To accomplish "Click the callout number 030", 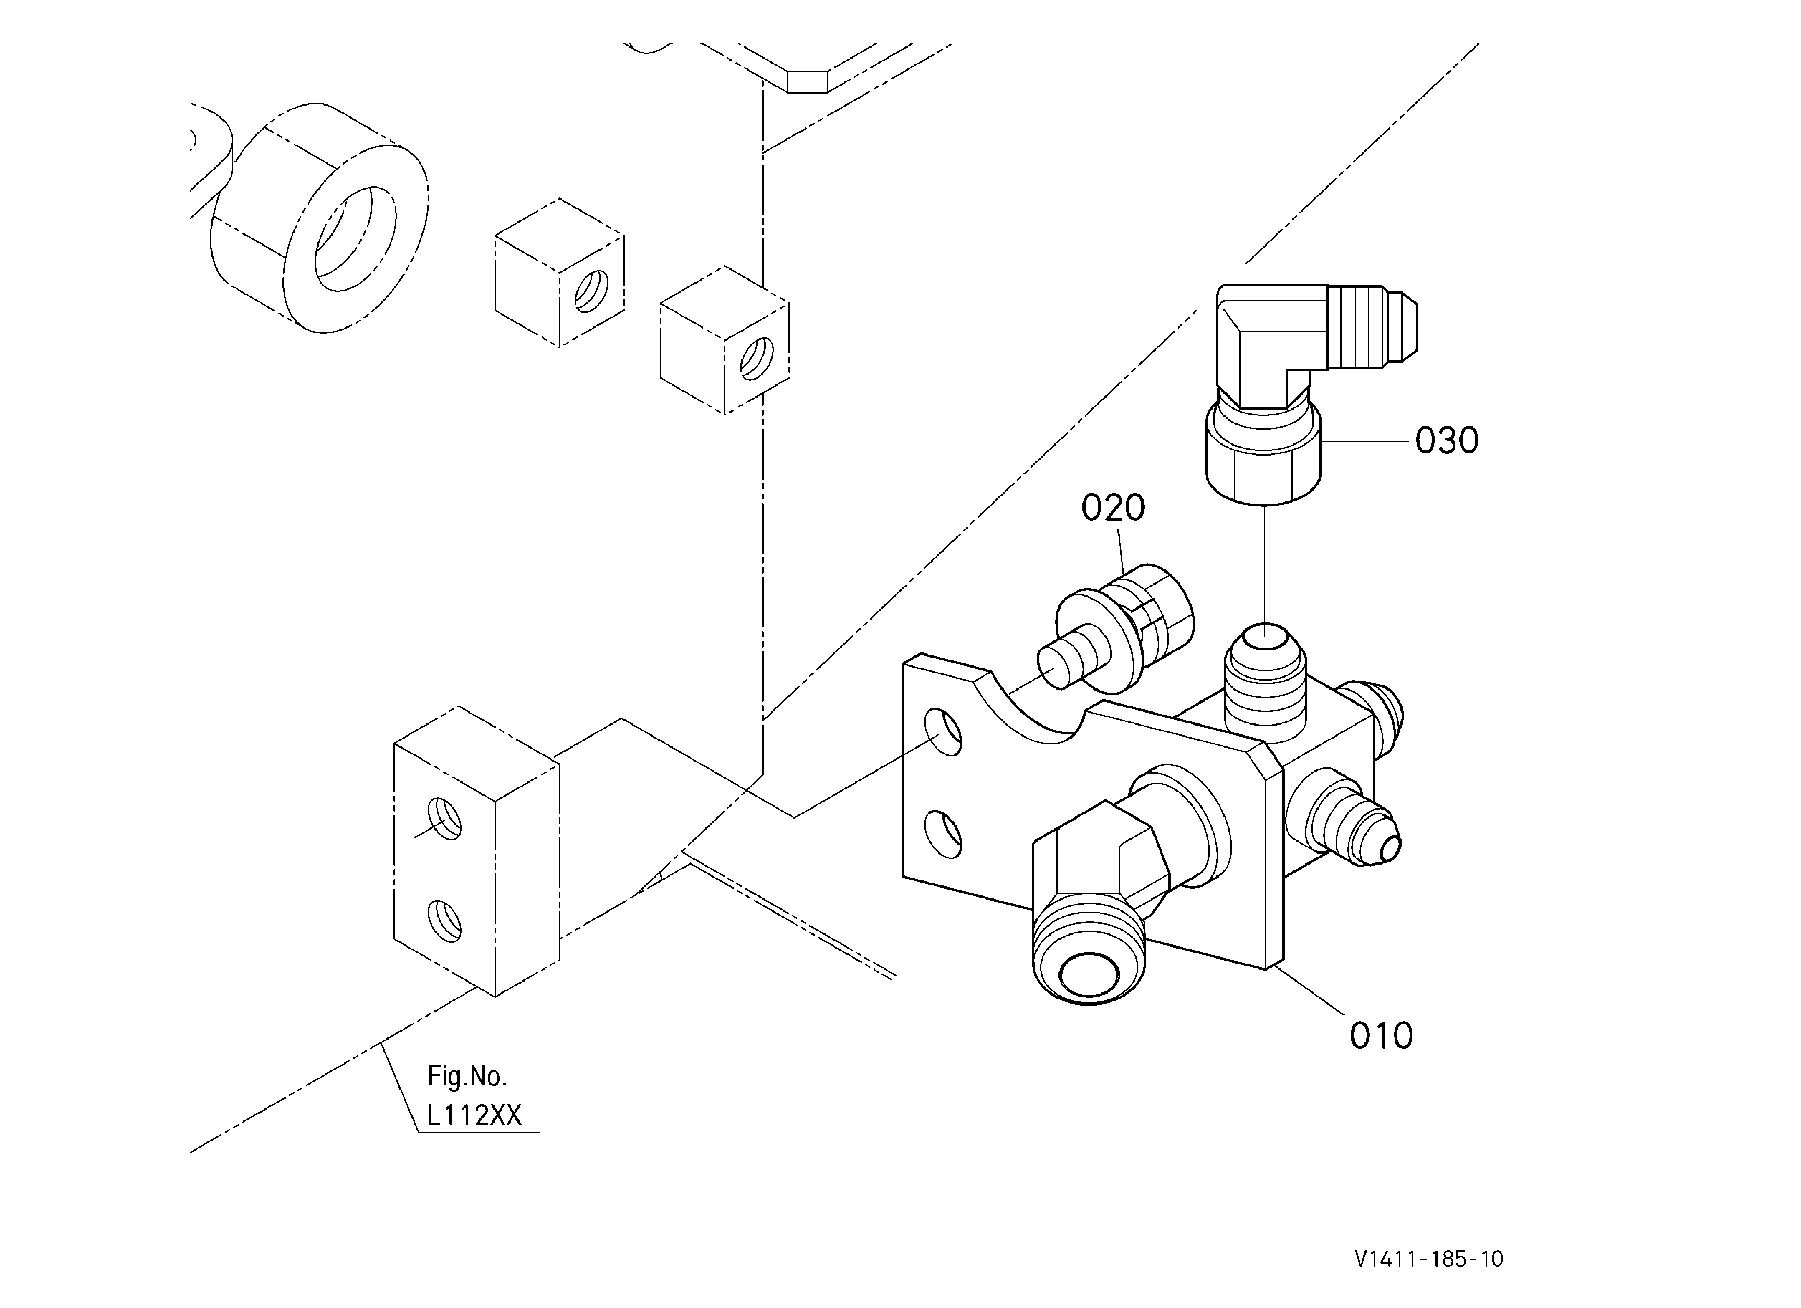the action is point(1447,441).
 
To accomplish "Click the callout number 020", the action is point(1113,508).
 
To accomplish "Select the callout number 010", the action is point(1382,1036).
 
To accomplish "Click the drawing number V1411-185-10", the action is point(1429,1259).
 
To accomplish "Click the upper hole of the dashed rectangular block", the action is point(445,819).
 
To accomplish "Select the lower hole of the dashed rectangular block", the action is point(445,920).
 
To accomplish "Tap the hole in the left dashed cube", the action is point(592,291).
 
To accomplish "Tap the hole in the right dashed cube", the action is point(757,359).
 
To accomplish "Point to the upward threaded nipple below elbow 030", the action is point(1266,679).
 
